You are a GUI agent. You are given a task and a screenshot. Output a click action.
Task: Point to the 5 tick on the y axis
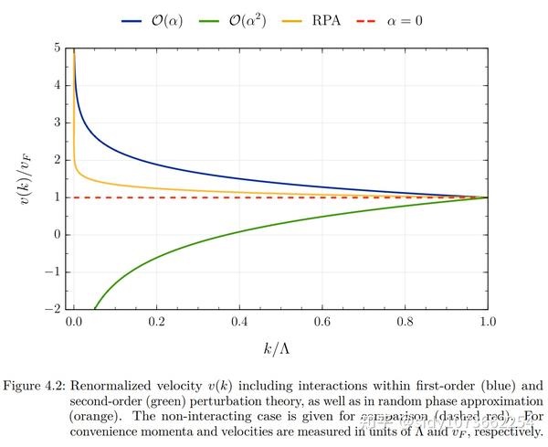click(57, 48)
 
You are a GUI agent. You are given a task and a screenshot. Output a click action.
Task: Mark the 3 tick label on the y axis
click(57, 122)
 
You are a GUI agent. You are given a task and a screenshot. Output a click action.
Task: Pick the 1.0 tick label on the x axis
click(487, 323)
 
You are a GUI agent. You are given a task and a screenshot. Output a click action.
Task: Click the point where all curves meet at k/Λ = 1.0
click(487, 197)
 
